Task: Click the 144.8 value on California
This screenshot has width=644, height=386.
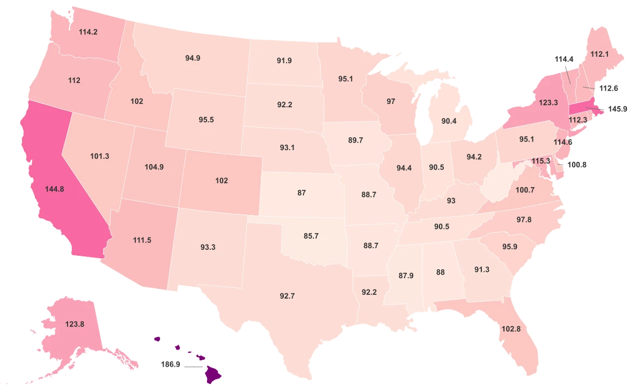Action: click(x=55, y=189)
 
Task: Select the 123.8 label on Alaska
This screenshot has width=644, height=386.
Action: click(x=75, y=324)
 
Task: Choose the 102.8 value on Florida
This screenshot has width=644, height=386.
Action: click(x=510, y=329)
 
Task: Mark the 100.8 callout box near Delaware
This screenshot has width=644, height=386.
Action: click(x=577, y=165)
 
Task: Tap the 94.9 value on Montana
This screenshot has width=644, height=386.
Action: click(x=193, y=58)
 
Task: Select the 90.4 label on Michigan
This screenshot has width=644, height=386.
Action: click(x=449, y=121)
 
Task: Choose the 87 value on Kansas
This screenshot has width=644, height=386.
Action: click(x=302, y=192)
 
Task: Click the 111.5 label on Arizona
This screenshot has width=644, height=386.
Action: click(x=141, y=240)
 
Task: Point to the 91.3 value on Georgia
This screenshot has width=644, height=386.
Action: click(x=482, y=270)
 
